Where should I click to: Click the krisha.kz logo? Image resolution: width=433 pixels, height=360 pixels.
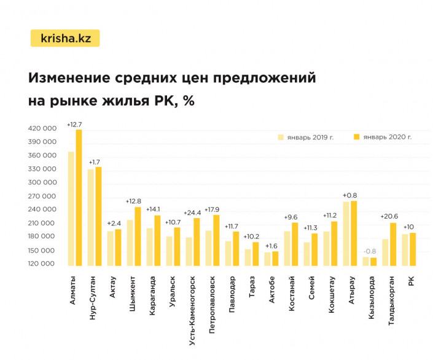(65, 38)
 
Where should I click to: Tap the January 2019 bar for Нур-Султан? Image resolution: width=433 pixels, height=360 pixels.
(90, 217)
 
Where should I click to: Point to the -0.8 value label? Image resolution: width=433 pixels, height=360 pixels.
(370, 251)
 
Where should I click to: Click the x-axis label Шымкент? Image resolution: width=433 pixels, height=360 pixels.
(134, 288)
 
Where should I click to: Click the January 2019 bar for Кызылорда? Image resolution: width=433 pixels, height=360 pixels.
(366, 262)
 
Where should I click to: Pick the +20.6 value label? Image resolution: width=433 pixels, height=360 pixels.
(389, 216)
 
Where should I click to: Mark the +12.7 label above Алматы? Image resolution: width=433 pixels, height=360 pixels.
(74, 124)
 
